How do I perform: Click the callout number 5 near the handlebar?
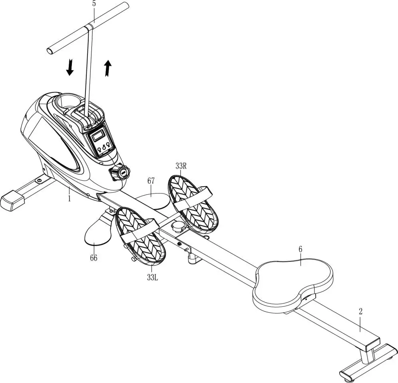[94, 4]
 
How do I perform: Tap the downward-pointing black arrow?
[70, 67]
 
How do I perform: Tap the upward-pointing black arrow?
[107, 68]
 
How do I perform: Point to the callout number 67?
[151, 181]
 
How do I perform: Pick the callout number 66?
[93, 258]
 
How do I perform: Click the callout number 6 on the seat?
[300, 249]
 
